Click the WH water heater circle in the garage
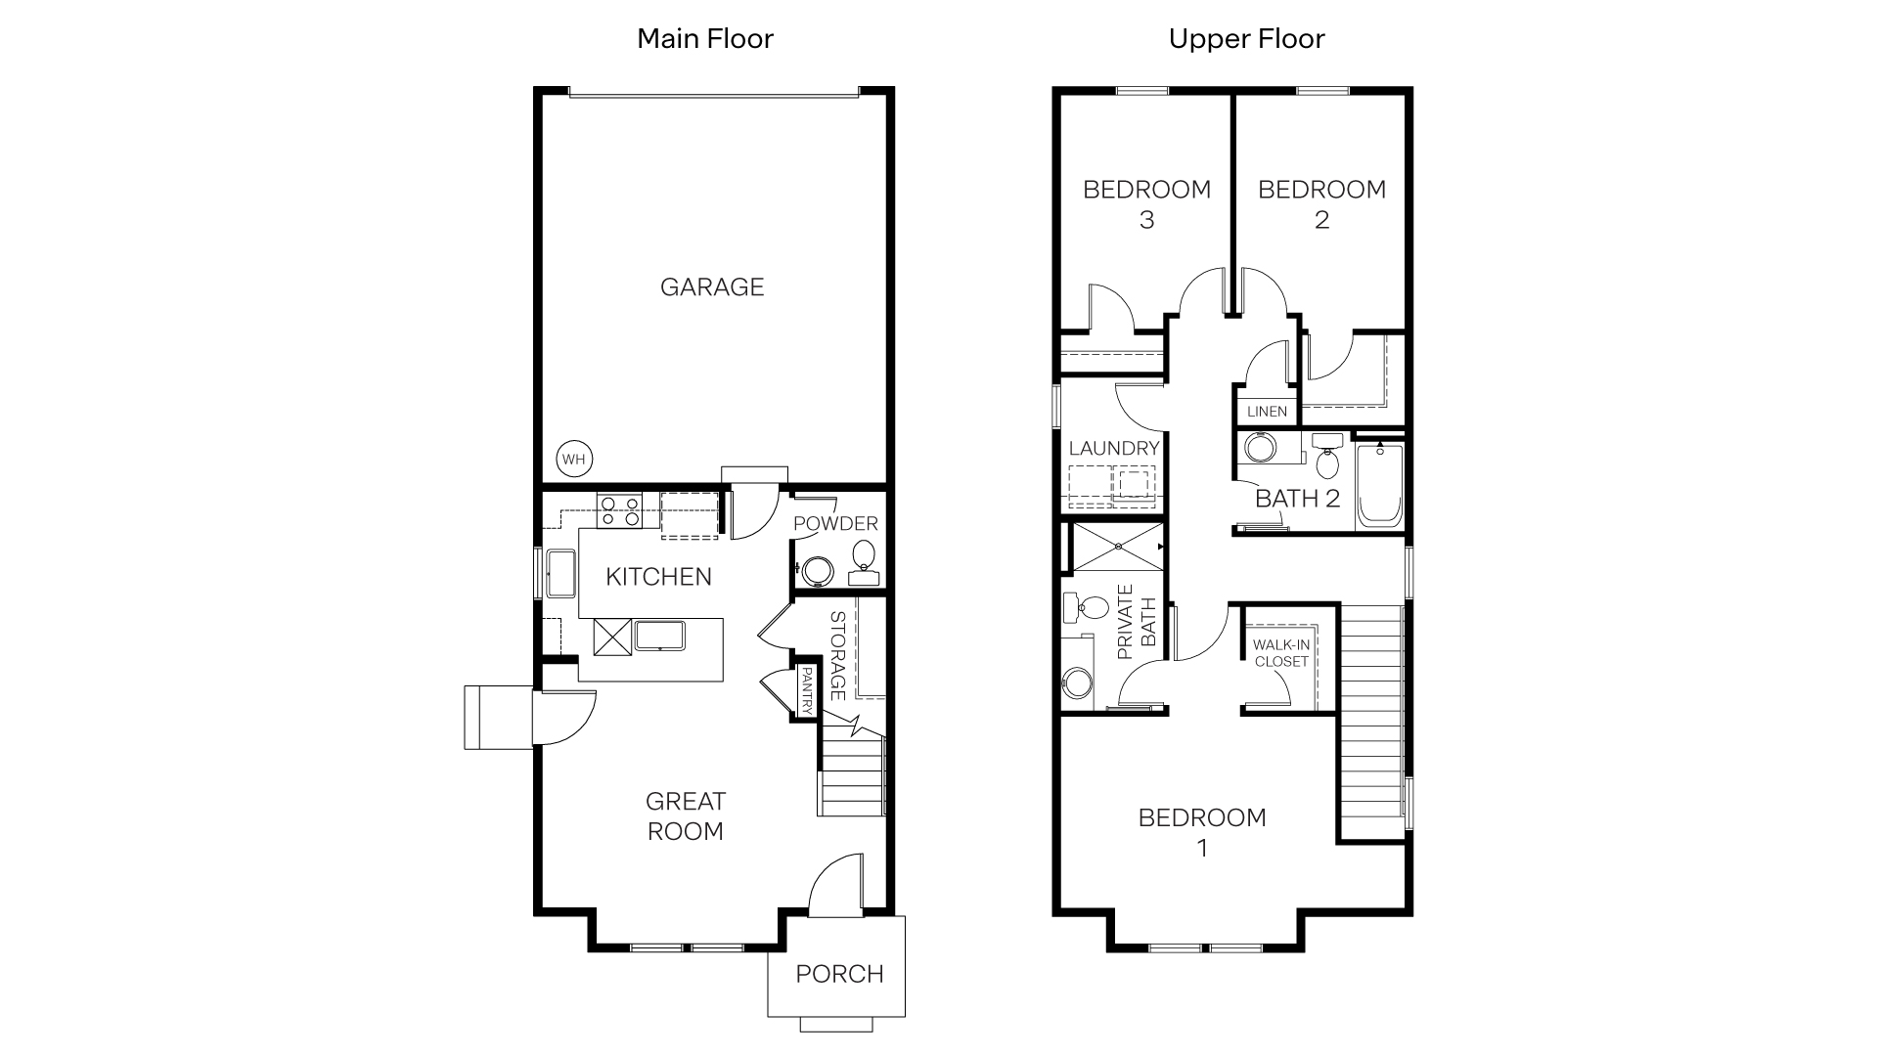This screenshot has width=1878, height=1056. tap(574, 459)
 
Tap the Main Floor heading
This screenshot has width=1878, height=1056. tap(705, 39)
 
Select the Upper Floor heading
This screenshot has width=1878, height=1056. tap(1246, 39)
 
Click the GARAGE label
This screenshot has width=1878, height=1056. tap(711, 287)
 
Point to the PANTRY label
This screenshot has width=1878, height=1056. tap(807, 688)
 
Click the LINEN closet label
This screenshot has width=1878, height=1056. tap(1267, 412)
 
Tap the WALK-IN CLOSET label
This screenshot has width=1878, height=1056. tap(1281, 653)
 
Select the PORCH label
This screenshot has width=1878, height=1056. tap(839, 974)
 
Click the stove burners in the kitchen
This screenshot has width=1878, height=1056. tap(619, 511)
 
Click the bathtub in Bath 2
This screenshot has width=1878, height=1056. tap(1379, 486)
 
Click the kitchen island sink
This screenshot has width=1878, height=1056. tap(660, 636)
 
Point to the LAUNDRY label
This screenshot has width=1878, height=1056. tap(1114, 449)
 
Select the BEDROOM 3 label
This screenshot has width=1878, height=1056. tap(1146, 203)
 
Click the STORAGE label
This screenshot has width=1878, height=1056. tap(837, 656)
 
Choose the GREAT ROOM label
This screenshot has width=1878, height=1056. tap(685, 816)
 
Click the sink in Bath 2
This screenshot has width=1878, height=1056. tap(1258, 450)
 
